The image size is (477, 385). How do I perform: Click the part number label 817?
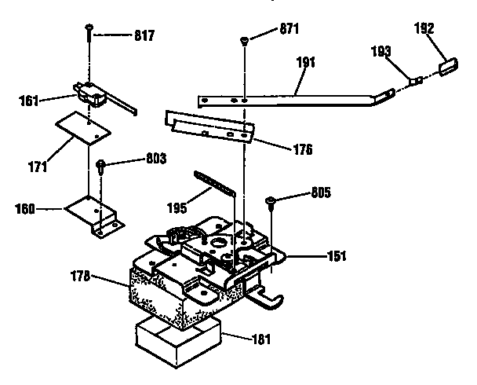[144, 35]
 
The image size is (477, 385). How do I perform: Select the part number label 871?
[289, 29]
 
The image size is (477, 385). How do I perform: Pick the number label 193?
[382, 52]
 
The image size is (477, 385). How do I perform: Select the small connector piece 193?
[416, 79]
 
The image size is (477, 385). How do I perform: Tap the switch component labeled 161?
[93, 93]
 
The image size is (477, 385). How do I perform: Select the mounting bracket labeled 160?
[94, 214]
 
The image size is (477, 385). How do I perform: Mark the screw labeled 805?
[271, 201]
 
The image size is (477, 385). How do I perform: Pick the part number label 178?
[101, 276]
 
